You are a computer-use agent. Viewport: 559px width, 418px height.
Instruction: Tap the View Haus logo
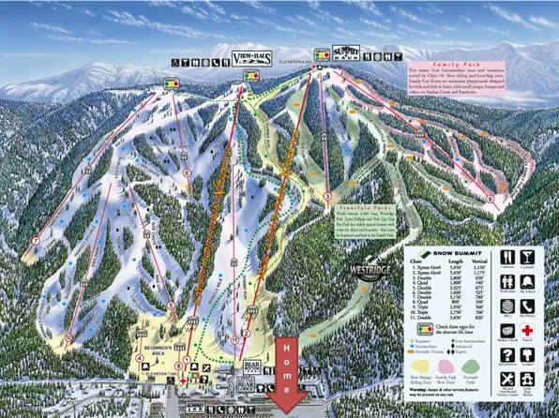pyautogui.click(x=249, y=59)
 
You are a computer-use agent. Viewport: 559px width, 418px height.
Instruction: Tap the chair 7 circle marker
pyautogui.click(x=35, y=241)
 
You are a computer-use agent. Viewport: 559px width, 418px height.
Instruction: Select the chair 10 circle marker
pyautogui.click(x=69, y=336)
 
